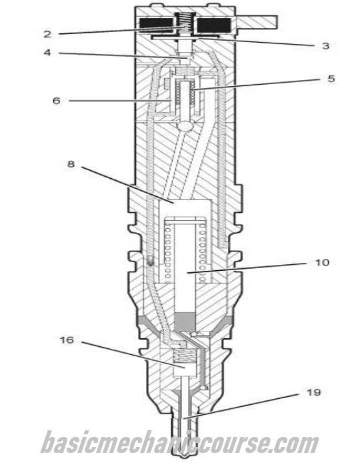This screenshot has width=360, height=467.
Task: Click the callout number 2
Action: tap(47, 34)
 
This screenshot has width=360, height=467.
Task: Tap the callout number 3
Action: tap(325, 46)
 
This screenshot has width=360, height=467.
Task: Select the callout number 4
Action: tap(47, 53)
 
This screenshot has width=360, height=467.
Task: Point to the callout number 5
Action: tap(331, 79)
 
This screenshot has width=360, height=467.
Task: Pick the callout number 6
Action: tap(56, 101)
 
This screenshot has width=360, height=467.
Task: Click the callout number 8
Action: tap(71, 164)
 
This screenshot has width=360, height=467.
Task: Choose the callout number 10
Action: tap(322, 262)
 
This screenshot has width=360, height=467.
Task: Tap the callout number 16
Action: tap(67, 340)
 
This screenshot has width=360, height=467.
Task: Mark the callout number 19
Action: tap(313, 392)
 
